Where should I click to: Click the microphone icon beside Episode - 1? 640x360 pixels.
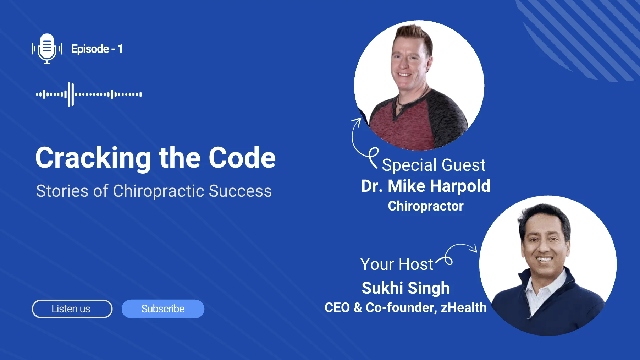pos(47,49)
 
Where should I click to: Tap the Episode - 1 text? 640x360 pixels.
pos(96,49)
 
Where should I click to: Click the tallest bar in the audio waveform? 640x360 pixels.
pos(71,94)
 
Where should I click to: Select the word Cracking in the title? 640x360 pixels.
pos(93,158)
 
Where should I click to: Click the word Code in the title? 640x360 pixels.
pos(242,158)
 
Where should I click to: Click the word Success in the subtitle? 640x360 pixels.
pos(240,191)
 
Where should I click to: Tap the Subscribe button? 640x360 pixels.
pos(163,309)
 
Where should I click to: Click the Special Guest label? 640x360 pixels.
pos(433,165)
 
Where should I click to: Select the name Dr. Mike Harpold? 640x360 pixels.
pos(425,186)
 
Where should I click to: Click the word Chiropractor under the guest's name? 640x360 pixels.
pos(425,206)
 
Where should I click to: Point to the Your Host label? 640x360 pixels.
pos(397,264)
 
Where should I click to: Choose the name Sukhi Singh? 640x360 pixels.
pos(405,288)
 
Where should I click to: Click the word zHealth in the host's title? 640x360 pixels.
pos(463,307)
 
